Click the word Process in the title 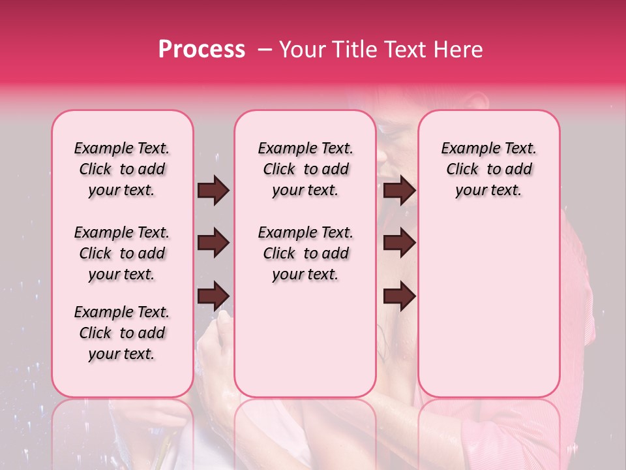click(201, 50)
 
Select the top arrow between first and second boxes click(213, 191)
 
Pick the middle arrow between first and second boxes click(213, 243)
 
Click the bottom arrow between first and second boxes click(213, 296)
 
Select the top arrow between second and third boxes click(399, 191)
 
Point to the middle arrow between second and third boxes click(399, 243)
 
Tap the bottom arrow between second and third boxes click(399, 296)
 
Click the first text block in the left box click(122, 169)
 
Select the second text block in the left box click(122, 253)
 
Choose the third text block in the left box click(122, 333)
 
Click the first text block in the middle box click(305, 169)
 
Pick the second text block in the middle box click(305, 253)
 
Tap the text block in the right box click(488, 169)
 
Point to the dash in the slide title click(265, 50)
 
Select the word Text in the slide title click(406, 50)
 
